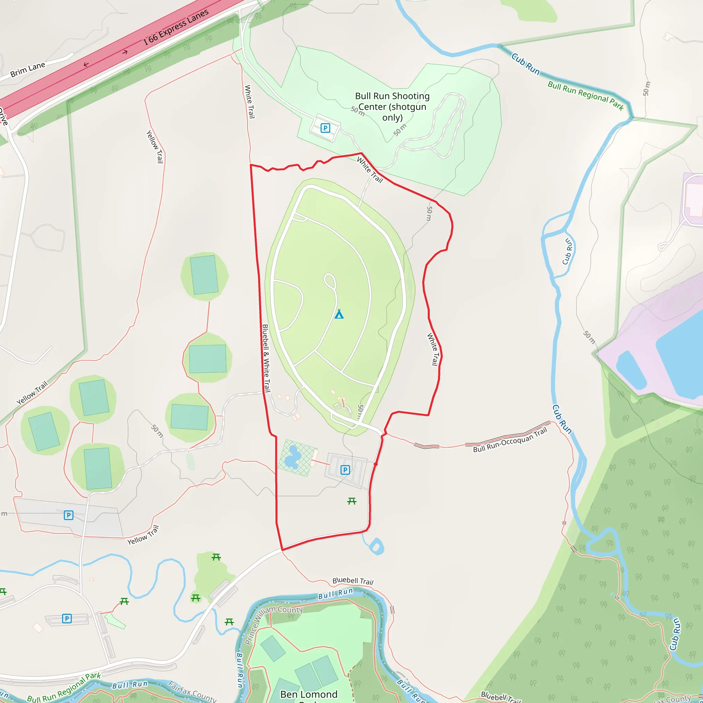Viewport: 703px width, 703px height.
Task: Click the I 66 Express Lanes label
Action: point(176,27)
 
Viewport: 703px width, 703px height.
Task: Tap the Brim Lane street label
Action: point(28,69)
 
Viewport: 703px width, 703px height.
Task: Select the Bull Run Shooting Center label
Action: point(392,107)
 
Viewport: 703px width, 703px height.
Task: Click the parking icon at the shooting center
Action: point(325,128)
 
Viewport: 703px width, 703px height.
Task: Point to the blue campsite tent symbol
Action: point(339,314)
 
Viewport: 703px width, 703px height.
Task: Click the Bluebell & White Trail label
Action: point(266,358)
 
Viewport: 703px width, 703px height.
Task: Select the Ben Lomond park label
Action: point(309,694)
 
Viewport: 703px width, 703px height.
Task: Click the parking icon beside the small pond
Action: point(345,470)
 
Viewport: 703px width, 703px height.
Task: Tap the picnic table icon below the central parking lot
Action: point(351,502)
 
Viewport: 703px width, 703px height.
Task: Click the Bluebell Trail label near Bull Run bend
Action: point(353,581)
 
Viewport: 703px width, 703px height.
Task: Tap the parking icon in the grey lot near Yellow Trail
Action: point(68,515)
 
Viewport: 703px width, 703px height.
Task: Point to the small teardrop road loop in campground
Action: point(330,281)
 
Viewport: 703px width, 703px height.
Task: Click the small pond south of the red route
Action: point(376,546)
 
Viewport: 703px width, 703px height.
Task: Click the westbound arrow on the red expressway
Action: point(86,65)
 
